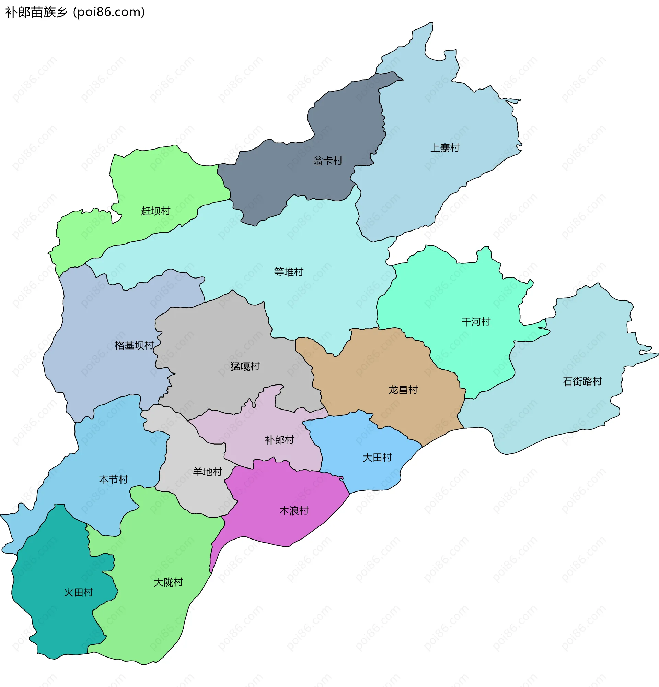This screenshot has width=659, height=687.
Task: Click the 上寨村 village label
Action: (444, 147)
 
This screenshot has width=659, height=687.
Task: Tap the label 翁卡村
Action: (327, 161)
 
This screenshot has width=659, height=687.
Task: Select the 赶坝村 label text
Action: (155, 211)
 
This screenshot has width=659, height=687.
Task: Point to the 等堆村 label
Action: (288, 272)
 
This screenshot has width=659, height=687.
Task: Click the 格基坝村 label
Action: (134, 345)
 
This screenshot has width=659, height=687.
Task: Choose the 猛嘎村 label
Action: (245, 366)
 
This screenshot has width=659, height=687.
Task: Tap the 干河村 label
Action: (475, 322)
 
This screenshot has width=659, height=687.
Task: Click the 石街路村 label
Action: (582, 381)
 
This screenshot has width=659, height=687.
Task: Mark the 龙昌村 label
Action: (403, 390)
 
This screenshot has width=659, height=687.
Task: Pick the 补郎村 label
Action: (279, 440)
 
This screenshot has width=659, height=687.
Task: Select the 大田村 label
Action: (377, 458)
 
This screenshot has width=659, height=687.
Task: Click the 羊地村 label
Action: (207, 472)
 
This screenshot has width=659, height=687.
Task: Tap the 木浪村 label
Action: (293, 511)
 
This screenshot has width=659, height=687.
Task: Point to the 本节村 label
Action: (113, 479)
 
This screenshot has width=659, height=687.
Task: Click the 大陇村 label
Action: (168, 582)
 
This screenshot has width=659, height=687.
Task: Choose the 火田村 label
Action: (78, 592)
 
